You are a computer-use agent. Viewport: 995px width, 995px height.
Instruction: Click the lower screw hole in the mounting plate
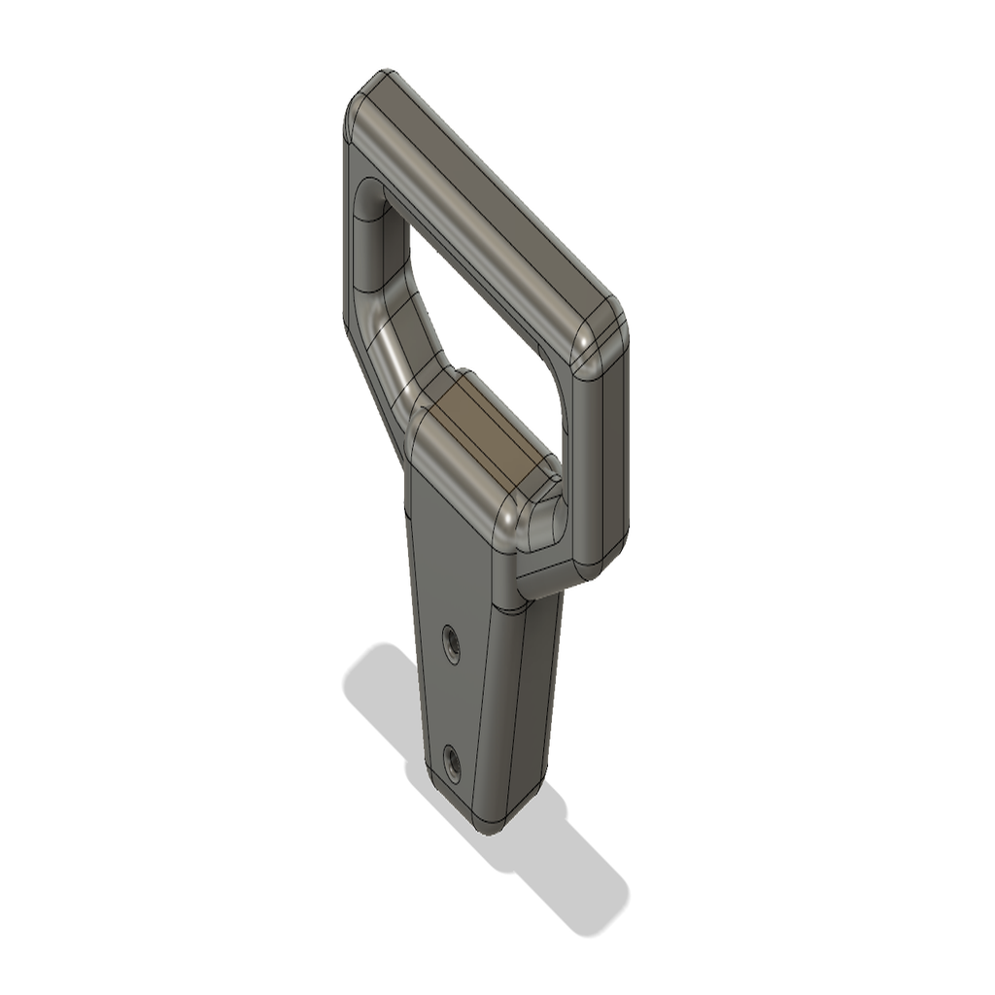click(451, 759)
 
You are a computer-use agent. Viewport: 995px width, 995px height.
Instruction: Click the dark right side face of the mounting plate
click(525, 709)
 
